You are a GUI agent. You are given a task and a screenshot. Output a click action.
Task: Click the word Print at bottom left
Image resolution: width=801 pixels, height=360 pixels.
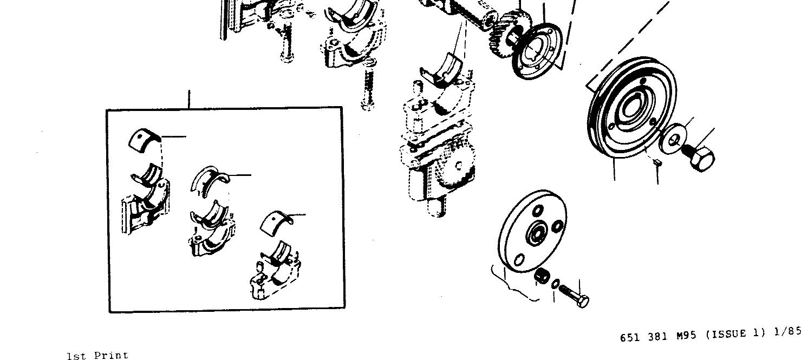coord(112,356)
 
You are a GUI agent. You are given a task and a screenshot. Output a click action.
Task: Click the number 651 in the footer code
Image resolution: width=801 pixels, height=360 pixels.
coord(631,337)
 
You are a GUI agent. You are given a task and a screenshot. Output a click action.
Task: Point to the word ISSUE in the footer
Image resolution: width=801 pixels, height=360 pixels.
coord(729,335)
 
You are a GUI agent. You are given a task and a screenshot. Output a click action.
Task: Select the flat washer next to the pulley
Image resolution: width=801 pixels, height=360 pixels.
coord(674,138)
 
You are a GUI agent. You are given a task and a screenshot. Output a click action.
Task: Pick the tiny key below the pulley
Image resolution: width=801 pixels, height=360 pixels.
coord(656,161)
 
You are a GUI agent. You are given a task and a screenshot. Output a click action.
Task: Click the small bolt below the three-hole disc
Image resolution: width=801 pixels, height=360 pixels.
coord(574,294)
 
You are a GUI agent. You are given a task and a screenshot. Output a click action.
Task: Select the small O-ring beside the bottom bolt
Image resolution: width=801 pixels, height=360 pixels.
coord(556,284)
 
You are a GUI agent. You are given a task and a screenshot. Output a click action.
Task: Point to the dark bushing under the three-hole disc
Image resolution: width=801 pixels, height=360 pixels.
coord(542,276)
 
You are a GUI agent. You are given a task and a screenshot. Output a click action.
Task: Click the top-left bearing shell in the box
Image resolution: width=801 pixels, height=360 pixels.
coord(144,139)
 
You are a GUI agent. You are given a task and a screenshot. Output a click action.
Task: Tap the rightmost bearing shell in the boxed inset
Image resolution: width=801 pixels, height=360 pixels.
coord(276,221)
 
